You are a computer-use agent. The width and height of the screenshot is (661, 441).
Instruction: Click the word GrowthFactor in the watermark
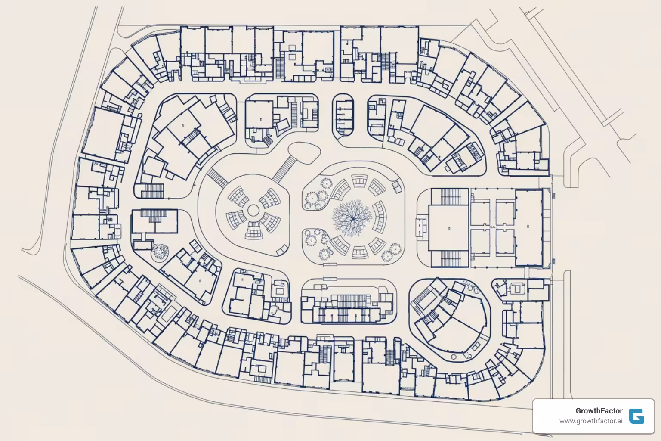click(599, 411)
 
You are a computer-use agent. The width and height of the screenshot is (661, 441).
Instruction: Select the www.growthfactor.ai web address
click(590, 421)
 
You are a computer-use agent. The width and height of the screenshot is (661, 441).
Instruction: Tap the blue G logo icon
click(636, 416)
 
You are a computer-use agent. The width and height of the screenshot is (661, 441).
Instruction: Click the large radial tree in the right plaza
click(352, 217)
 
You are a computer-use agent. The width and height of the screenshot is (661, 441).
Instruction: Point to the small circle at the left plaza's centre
click(253, 211)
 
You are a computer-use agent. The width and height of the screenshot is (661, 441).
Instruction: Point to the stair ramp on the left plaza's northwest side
click(217, 177)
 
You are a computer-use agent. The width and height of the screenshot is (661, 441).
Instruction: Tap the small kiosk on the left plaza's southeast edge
click(282, 249)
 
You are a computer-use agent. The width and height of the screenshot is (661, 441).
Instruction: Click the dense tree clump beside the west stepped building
click(160, 252)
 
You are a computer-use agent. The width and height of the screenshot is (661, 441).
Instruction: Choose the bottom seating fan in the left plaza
click(253, 232)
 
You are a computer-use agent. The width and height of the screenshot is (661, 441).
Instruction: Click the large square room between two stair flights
click(448, 227)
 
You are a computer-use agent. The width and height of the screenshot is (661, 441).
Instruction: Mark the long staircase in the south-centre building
click(353, 300)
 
